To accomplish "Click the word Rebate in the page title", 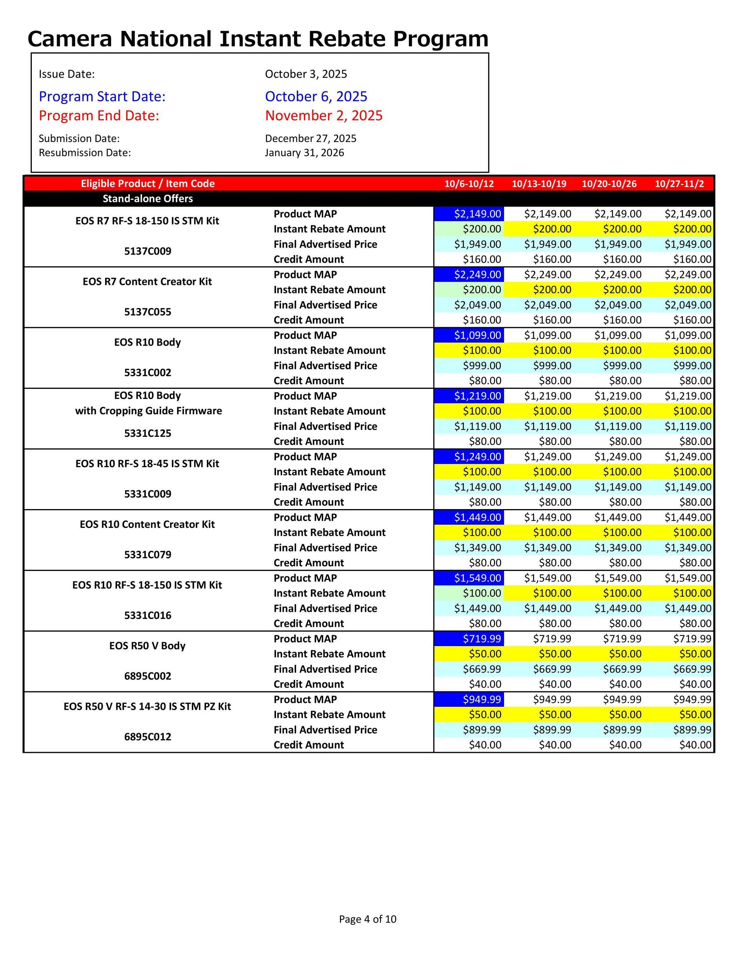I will [x=345, y=39].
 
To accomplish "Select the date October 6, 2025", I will [x=316, y=96].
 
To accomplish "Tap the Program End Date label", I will [x=99, y=116].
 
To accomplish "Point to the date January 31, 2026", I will [x=304, y=153].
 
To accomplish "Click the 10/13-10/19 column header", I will [x=539, y=184].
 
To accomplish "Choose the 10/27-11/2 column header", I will [x=679, y=184].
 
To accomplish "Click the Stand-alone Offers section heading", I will [x=148, y=199].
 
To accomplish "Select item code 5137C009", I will [x=148, y=251].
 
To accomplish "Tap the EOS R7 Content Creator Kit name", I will [x=147, y=282].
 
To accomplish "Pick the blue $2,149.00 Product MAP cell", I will [x=469, y=214].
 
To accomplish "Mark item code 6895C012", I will [x=148, y=737].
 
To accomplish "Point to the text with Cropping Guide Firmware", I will [x=148, y=411].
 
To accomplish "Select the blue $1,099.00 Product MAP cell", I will [x=469, y=336].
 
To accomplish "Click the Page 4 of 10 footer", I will [x=367, y=919].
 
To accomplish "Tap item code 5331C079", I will [x=148, y=555].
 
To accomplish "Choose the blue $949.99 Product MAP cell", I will [x=469, y=700].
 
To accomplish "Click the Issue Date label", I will [x=66, y=74].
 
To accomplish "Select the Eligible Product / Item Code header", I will [x=148, y=184].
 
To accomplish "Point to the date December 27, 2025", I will [x=310, y=139].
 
